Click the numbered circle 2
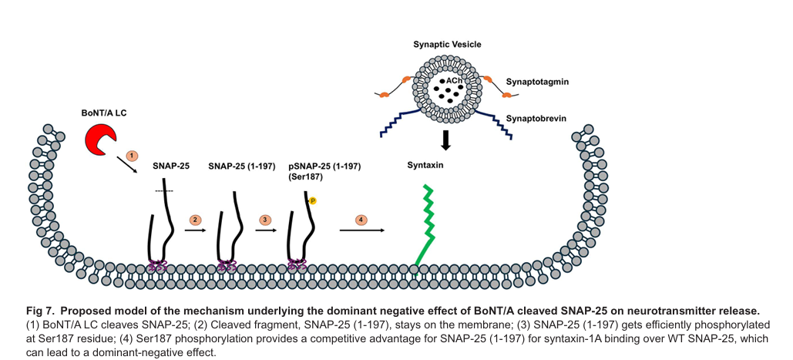196,220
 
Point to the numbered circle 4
361,220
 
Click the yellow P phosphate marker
313,201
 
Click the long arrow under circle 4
362,230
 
